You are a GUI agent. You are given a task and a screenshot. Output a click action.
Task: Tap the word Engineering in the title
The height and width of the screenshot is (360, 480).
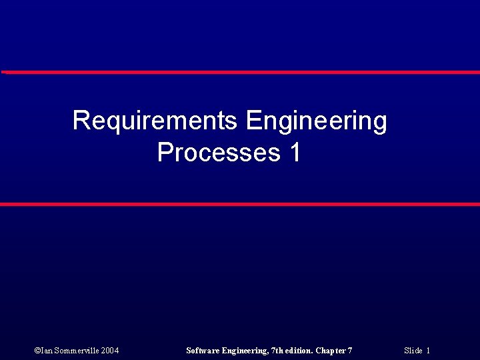click(x=316, y=121)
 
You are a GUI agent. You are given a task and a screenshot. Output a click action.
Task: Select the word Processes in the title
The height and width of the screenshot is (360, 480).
click(x=219, y=153)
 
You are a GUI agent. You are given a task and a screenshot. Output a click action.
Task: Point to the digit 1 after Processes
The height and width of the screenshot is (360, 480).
click(x=295, y=153)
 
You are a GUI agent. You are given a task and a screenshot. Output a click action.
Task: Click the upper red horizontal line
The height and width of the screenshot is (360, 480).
click(x=240, y=72)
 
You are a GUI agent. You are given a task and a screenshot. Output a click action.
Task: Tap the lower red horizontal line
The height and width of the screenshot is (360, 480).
click(x=240, y=204)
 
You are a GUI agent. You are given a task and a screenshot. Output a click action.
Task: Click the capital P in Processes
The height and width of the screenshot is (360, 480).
click(x=164, y=153)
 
